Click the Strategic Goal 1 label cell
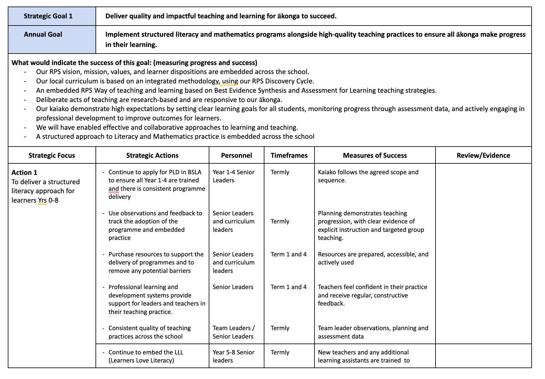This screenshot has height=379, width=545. coord(48,16)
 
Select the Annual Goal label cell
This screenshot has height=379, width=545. coord(43,35)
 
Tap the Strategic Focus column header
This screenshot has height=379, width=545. coord(52,156)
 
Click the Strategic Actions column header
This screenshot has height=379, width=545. coord(152,156)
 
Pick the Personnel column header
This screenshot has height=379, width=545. coord(236,156)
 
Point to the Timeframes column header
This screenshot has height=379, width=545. coord(289,156)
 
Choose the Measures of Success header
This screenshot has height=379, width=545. coord(375,156)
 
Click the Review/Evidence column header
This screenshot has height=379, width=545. coord(483,156)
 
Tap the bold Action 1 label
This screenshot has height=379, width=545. coord(24,173)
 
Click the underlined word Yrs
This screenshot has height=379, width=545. coord(42,200)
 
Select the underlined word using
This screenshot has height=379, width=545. coord(230,81)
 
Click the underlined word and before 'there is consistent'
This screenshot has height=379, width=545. coord(114,189)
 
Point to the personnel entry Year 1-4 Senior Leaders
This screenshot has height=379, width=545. coord(233,176)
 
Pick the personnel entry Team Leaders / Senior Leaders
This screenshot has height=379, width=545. coord(233,332)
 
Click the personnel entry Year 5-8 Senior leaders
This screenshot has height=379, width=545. coord(233,356)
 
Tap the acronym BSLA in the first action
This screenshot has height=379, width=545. coord(194,172)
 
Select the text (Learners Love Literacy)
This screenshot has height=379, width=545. coord(141,361)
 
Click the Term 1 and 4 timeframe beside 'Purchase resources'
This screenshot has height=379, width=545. coord(288,254)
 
